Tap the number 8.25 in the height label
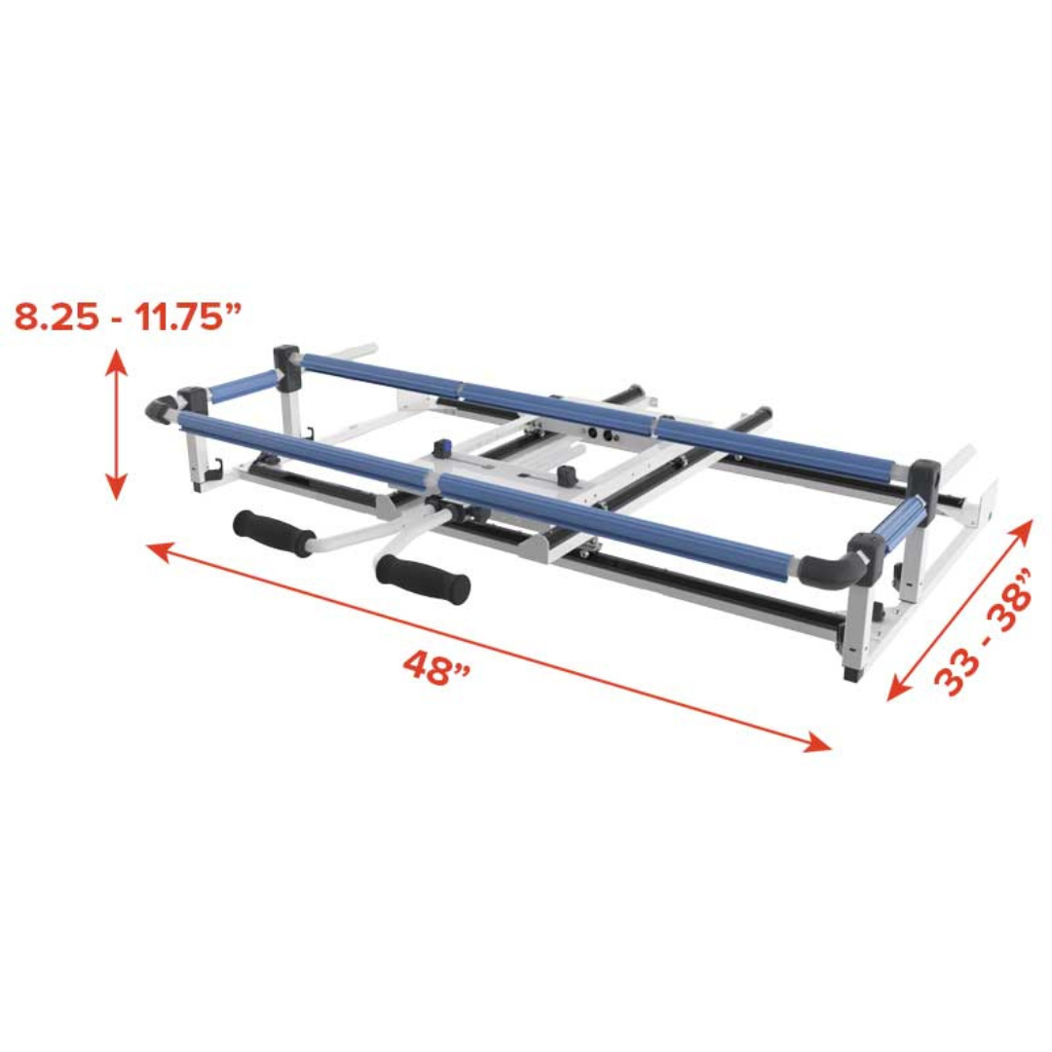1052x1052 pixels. tap(56, 317)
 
